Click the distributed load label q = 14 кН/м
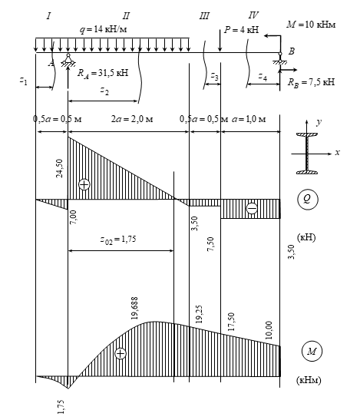(103, 29)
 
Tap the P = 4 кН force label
(241, 29)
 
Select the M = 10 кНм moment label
(311, 25)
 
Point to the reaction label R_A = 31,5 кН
(103, 73)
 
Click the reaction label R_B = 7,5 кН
(311, 82)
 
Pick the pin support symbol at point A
(68, 60)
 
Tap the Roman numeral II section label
(126, 16)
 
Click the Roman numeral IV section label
(253, 15)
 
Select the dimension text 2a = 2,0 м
(132, 119)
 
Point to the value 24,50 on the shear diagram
(59, 168)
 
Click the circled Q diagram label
(308, 200)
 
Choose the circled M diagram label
(312, 351)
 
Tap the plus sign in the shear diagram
(84, 184)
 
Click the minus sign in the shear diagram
(252, 208)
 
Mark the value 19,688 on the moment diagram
(134, 308)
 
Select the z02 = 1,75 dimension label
(118, 240)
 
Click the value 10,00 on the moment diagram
(269, 330)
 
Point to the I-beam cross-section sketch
(307, 154)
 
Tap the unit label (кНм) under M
(309, 380)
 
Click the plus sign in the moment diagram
(121, 353)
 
